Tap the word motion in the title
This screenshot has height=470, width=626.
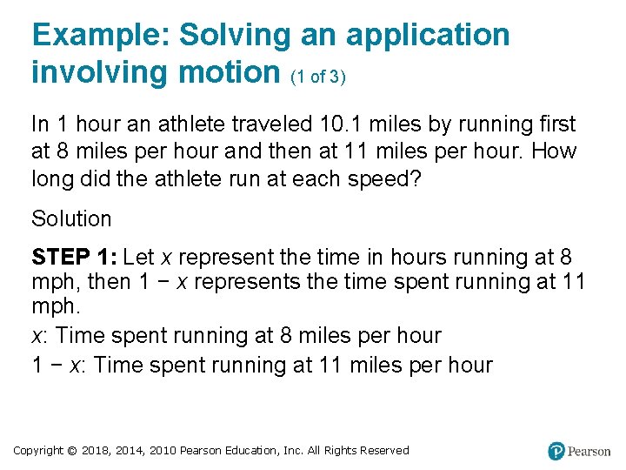229,72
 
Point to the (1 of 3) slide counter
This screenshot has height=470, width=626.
318,76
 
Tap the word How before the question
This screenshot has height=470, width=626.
553,151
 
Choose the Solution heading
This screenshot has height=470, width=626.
71,218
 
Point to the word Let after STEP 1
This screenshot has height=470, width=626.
139,257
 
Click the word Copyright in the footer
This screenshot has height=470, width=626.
38,451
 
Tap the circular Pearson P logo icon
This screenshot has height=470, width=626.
556,451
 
